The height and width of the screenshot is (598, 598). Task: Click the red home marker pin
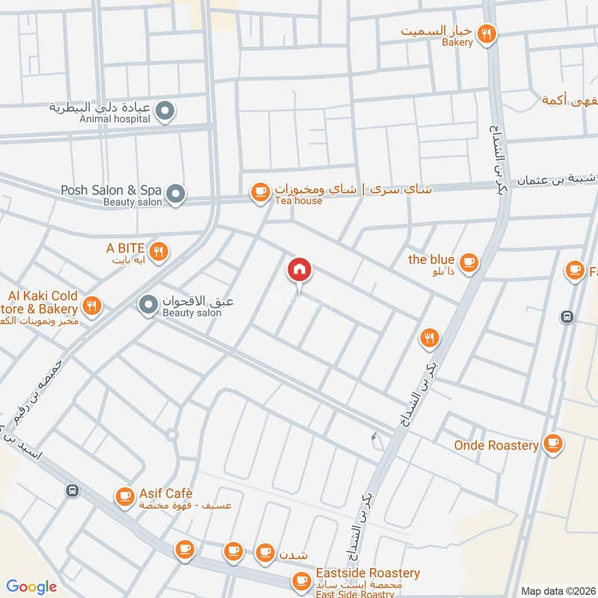coord(300,271)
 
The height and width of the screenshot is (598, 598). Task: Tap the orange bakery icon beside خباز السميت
coord(487,33)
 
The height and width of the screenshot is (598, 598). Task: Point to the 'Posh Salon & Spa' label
coord(113,190)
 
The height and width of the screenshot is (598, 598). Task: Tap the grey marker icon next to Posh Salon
coord(175,194)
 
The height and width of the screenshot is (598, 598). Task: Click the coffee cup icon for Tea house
coord(260,193)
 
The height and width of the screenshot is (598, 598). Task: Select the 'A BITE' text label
coord(124,248)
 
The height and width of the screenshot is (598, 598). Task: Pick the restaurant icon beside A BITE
coord(158,252)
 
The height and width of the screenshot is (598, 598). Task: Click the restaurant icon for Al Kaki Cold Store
coord(91,304)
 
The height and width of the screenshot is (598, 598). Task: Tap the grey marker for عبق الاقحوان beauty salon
coord(148,304)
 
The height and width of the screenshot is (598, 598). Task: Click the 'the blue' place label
coord(431,259)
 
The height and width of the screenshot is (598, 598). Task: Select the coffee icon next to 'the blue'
coord(468,262)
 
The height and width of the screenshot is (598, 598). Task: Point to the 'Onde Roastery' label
coord(496,445)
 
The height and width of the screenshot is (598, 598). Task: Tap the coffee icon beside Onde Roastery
coord(552,444)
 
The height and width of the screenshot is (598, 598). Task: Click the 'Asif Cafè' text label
coord(166,493)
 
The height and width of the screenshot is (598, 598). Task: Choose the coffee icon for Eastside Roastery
coord(301,580)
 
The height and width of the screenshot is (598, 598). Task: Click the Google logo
coord(31,587)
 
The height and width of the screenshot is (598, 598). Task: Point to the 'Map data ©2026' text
coord(557,591)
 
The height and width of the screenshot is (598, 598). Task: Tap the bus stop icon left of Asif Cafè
coord(73,491)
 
